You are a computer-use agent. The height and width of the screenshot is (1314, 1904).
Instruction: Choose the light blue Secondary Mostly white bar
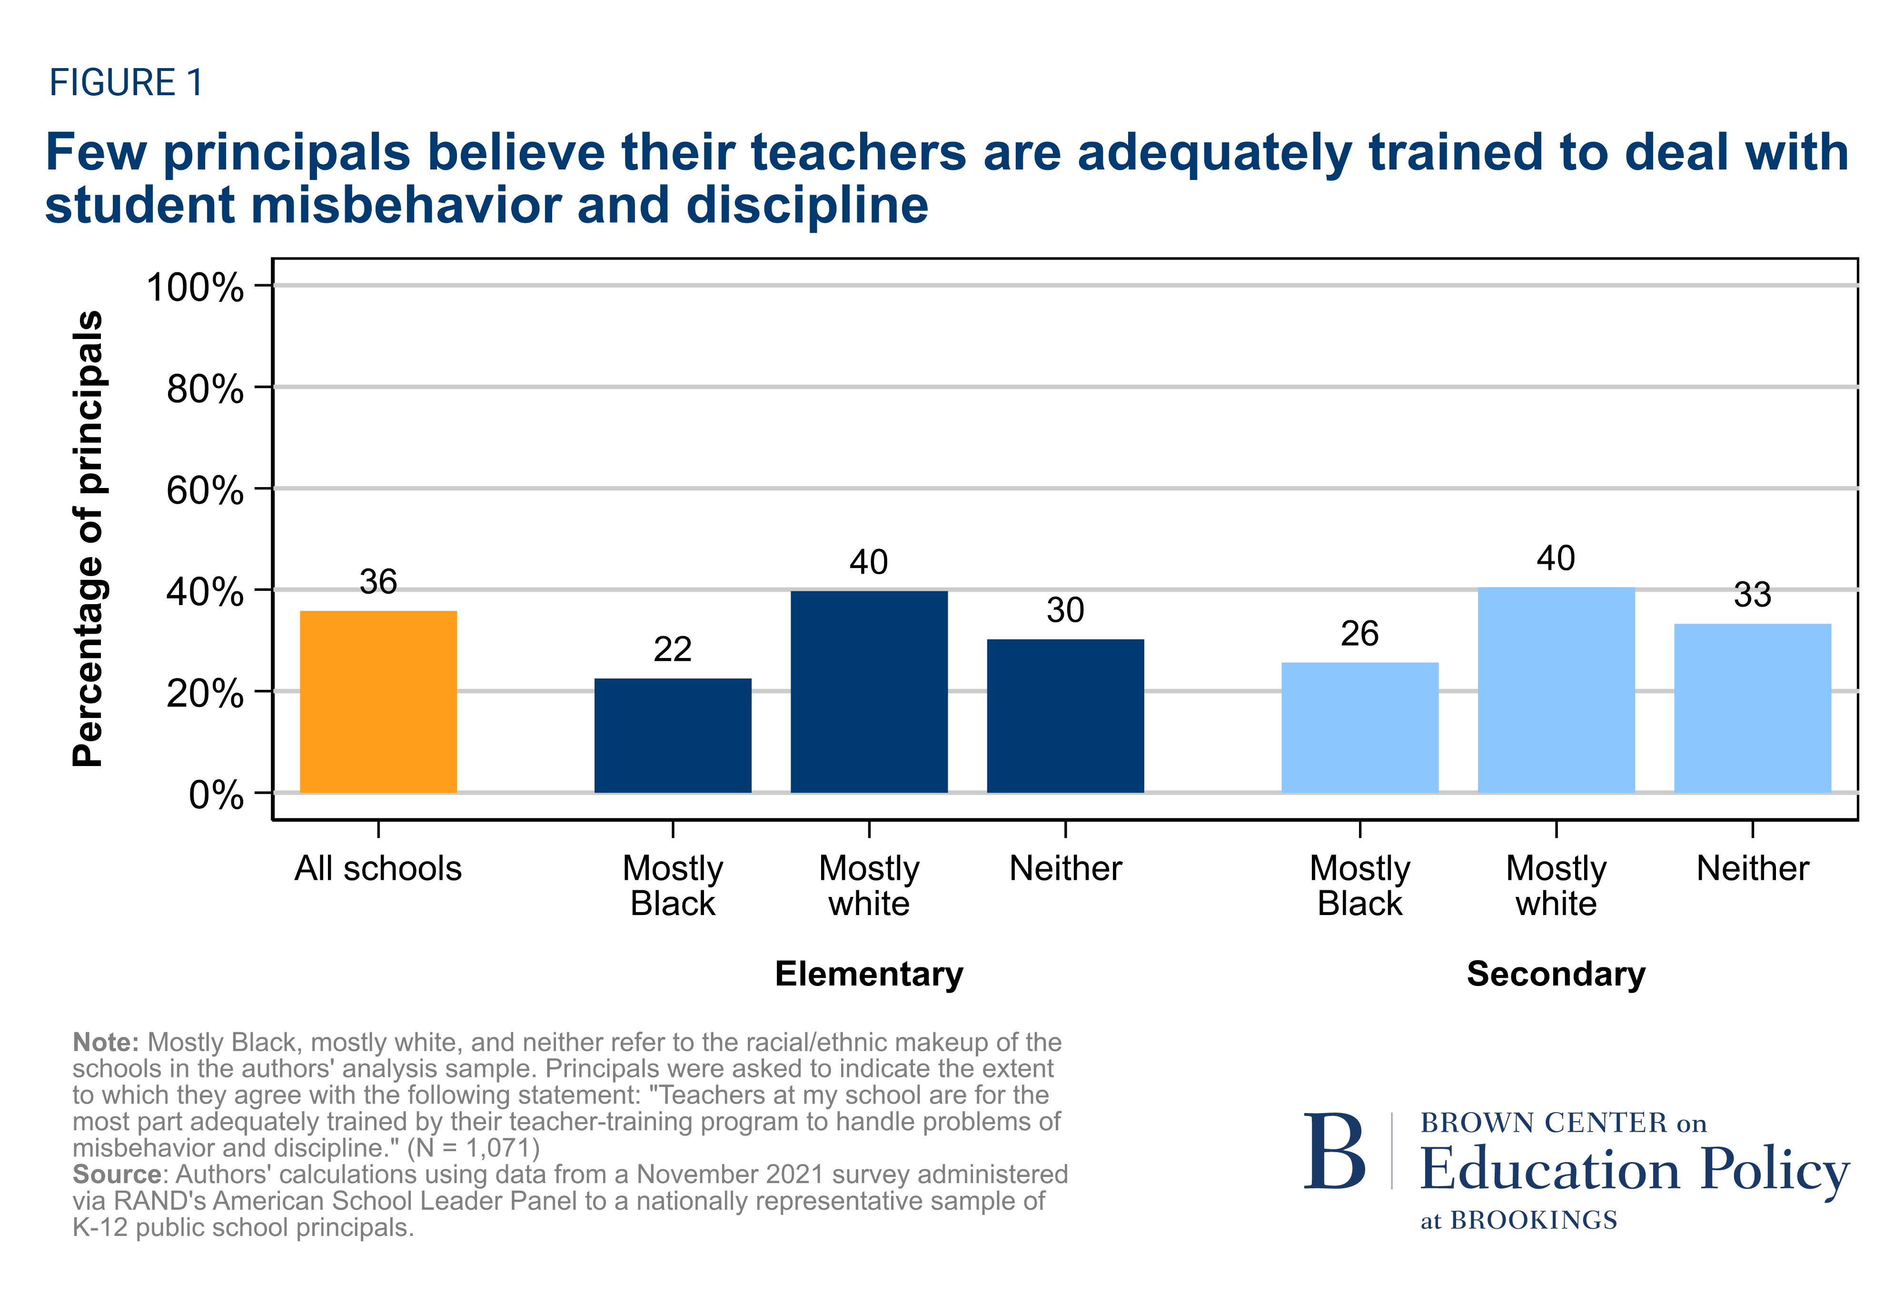tap(1556, 690)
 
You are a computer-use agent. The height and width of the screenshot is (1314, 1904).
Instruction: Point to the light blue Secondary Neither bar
tap(1753, 708)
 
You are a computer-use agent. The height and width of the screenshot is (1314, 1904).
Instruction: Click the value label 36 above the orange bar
tap(378, 582)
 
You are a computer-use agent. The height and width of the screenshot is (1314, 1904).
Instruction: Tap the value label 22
tap(673, 649)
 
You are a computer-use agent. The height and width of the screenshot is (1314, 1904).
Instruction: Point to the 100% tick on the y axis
tap(195, 288)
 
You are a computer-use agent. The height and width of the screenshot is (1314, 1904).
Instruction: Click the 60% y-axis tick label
tap(205, 491)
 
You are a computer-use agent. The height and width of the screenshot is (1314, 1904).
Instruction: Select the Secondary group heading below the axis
tap(1556, 974)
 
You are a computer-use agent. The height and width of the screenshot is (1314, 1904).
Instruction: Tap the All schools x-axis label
tap(378, 868)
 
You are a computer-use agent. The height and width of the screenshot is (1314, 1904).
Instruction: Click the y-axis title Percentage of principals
tap(88, 539)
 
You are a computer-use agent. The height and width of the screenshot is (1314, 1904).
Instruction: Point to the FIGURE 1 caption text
tap(126, 82)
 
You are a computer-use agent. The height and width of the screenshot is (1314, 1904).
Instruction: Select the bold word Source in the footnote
tap(116, 1174)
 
